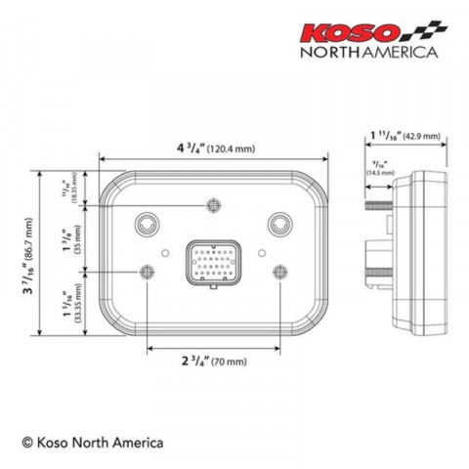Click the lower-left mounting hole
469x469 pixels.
point(148,271)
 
